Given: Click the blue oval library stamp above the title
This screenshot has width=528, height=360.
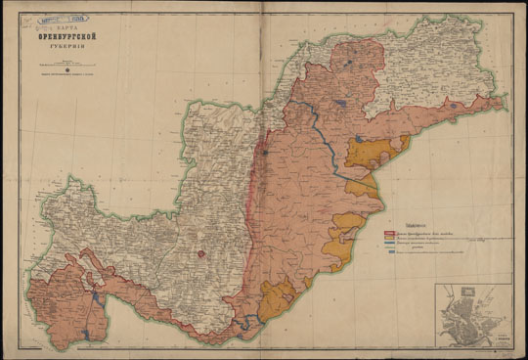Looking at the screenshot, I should (70, 18).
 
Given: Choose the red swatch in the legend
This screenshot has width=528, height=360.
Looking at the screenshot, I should (390, 233).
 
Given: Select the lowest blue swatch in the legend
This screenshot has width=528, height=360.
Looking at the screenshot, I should (390, 252).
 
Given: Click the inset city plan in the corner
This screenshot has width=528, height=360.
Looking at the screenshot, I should (473, 315).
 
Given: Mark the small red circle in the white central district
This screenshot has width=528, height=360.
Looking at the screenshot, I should (200, 253).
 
